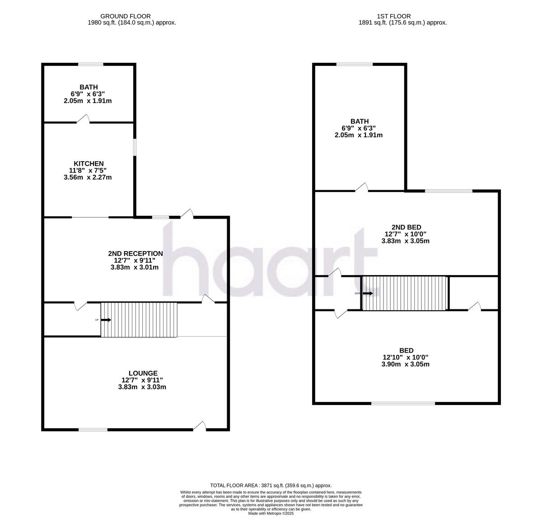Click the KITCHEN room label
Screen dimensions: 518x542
click(x=89, y=163)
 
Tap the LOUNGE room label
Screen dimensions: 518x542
click(x=143, y=373)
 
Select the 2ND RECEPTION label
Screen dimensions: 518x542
click(x=135, y=253)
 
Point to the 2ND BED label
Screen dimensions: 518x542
click(x=405, y=227)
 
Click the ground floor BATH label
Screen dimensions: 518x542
click(x=89, y=87)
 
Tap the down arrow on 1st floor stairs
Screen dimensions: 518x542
click(x=368, y=293)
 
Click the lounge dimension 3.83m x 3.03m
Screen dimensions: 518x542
click(x=142, y=387)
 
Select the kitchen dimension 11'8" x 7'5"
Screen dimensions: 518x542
click(x=89, y=170)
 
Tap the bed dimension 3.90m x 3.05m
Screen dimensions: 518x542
click(x=405, y=364)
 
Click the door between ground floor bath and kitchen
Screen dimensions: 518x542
click(x=84, y=119)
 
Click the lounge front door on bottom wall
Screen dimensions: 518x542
click(x=200, y=426)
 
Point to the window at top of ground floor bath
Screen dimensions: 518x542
click(x=90, y=65)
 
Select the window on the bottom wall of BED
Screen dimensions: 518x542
click(x=403, y=403)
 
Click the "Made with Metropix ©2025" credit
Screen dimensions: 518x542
click(x=271, y=513)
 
